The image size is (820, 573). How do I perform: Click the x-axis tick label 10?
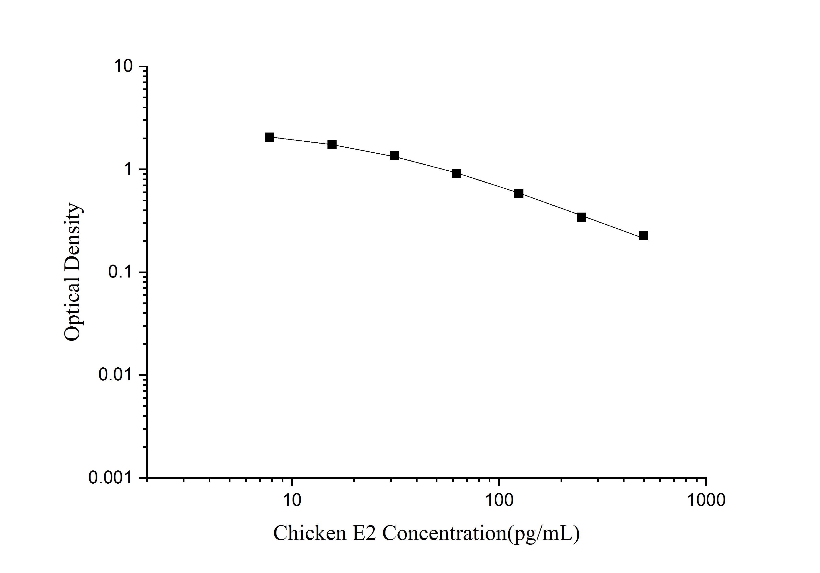(x=292, y=500)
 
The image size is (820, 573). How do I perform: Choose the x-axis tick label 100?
(x=499, y=500)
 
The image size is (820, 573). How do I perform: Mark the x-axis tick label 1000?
(x=706, y=500)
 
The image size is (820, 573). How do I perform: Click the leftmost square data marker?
(x=270, y=137)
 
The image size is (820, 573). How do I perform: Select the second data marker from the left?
(x=332, y=145)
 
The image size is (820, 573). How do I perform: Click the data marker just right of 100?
(x=519, y=194)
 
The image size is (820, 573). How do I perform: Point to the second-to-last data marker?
(x=581, y=217)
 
